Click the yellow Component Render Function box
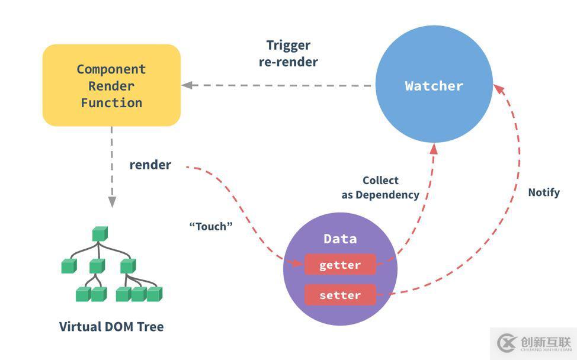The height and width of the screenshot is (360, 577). (x=111, y=85)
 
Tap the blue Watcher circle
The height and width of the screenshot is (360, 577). (x=434, y=86)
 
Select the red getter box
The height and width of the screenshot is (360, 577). (x=340, y=265)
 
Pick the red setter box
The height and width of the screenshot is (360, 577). (x=340, y=295)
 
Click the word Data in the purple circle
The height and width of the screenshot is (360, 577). (x=340, y=239)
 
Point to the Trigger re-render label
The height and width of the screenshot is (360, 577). (x=288, y=53)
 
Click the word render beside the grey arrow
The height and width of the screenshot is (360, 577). (x=150, y=165)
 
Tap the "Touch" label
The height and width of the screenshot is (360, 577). (x=211, y=226)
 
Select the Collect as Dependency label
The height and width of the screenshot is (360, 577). (x=380, y=187)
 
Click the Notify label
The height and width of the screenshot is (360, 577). (x=544, y=192)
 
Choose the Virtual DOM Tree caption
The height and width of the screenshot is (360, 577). (x=111, y=326)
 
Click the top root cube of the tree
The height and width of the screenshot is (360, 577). (x=100, y=234)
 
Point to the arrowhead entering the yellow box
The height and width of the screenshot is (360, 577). (x=188, y=85)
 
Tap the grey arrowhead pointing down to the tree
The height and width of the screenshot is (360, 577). (x=111, y=201)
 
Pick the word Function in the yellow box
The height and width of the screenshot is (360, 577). (x=111, y=102)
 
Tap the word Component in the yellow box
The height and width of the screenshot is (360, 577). (x=111, y=69)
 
